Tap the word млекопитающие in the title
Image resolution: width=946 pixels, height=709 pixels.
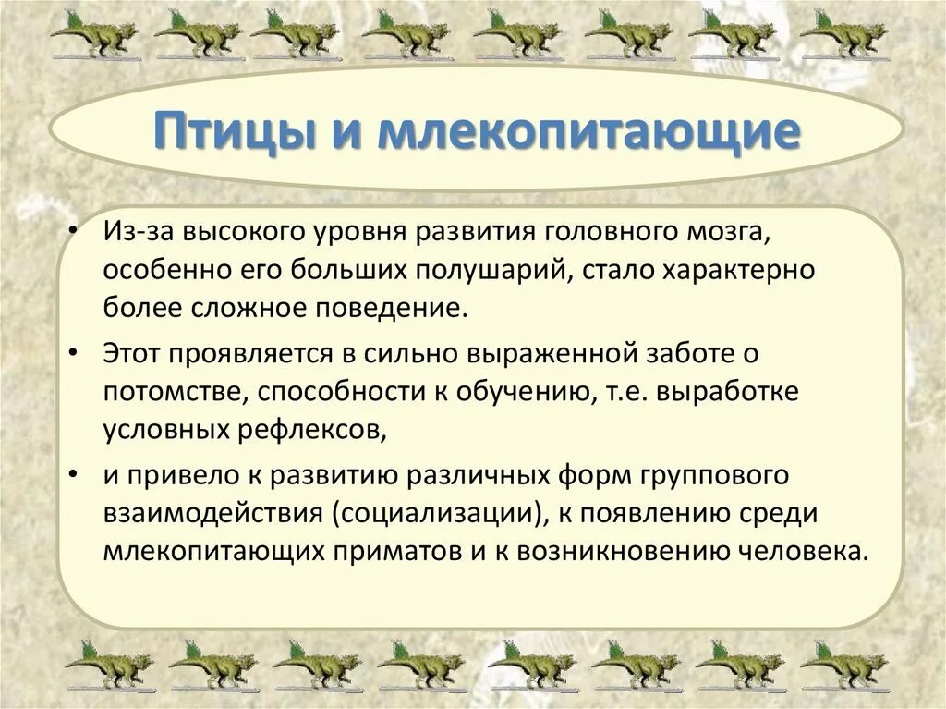click(x=588, y=129)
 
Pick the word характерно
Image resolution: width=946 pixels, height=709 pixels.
click(x=739, y=272)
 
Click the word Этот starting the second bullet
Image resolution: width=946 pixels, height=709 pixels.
click(x=131, y=354)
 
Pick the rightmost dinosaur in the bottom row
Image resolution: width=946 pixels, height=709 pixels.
click(x=844, y=666)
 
